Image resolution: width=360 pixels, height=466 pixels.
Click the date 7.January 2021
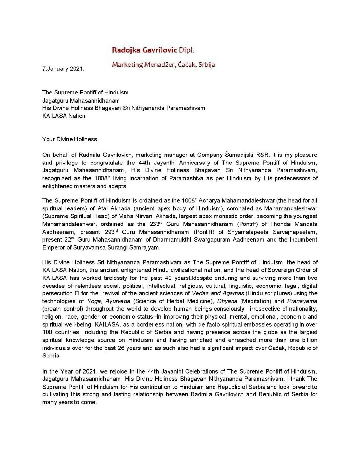(x=63, y=69)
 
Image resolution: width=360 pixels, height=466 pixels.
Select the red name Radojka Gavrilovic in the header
(x=144, y=50)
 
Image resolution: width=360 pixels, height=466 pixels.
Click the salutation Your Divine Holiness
(x=70, y=139)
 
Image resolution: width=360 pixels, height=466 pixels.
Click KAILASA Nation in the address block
(x=64, y=116)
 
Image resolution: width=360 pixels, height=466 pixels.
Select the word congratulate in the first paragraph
(x=106, y=163)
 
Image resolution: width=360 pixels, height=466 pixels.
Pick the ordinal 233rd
(x=155, y=224)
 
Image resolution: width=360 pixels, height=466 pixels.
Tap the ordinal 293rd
(x=109, y=232)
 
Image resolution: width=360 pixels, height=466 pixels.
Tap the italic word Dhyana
(x=227, y=301)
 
